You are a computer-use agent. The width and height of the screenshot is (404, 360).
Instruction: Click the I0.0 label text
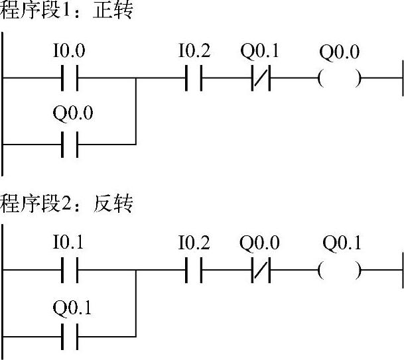click(69, 50)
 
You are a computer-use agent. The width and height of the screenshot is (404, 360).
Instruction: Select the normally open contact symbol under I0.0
click(70, 78)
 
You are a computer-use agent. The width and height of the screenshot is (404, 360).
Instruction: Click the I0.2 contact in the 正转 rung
click(193, 78)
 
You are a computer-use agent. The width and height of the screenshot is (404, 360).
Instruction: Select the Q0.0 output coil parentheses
click(340, 78)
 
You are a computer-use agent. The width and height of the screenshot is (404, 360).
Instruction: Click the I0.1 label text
click(69, 243)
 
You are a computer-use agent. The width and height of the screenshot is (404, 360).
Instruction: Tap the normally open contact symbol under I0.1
click(70, 270)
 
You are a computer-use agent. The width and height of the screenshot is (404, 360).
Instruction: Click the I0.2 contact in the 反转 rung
click(193, 270)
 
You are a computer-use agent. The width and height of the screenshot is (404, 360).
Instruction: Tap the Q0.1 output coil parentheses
click(340, 270)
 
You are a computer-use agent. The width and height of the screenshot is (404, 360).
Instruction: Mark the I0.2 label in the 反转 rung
click(193, 243)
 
